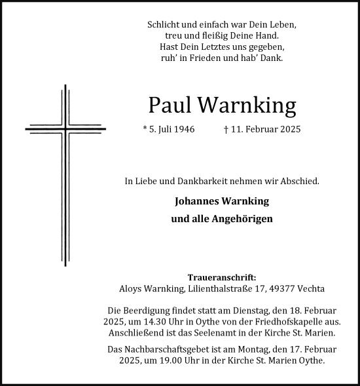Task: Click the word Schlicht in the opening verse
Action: point(164,24)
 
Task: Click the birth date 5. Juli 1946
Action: point(171,129)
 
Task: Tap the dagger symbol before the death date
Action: point(226,129)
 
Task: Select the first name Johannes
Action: point(198,201)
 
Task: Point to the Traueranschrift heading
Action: point(222,277)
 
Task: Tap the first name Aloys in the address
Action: point(134,288)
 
